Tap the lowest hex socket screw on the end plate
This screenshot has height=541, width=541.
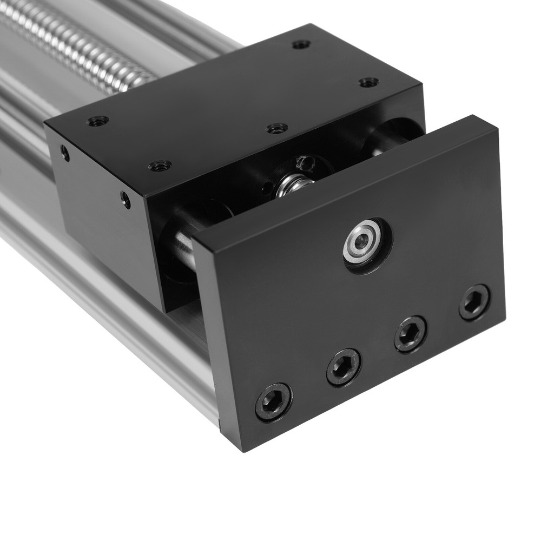(x=273, y=401)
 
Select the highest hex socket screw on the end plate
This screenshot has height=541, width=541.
(x=474, y=302)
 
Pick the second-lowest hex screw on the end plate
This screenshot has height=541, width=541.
(x=344, y=367)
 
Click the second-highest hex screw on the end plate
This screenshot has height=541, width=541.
(x=411, y=334)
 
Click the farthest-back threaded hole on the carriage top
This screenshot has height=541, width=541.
(x=301, y=44)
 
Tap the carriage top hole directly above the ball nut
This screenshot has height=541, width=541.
(x=277, y=128)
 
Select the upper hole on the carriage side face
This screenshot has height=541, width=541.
(x=65, y=153)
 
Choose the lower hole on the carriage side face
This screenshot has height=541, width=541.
(x=126, y=200)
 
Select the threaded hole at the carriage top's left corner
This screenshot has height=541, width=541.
(x=97, y=121)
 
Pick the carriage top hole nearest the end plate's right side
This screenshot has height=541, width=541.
(x=368, y=82)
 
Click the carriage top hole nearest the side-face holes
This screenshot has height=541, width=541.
(x=160, y=166)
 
